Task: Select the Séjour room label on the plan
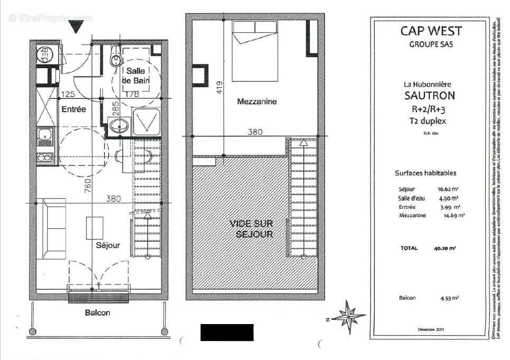click(x=108, y=245)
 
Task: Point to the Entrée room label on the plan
click(x=73, y=109)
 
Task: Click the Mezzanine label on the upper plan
click(x=257, y=101)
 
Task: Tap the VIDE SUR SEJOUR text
click(x=251, y=229)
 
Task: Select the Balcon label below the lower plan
click(x=98, y=313)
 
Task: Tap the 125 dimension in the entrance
click(x=67, y=94)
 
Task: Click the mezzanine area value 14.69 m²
click(x=453, y=215)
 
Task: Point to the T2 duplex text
click(x=430, y=121)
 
